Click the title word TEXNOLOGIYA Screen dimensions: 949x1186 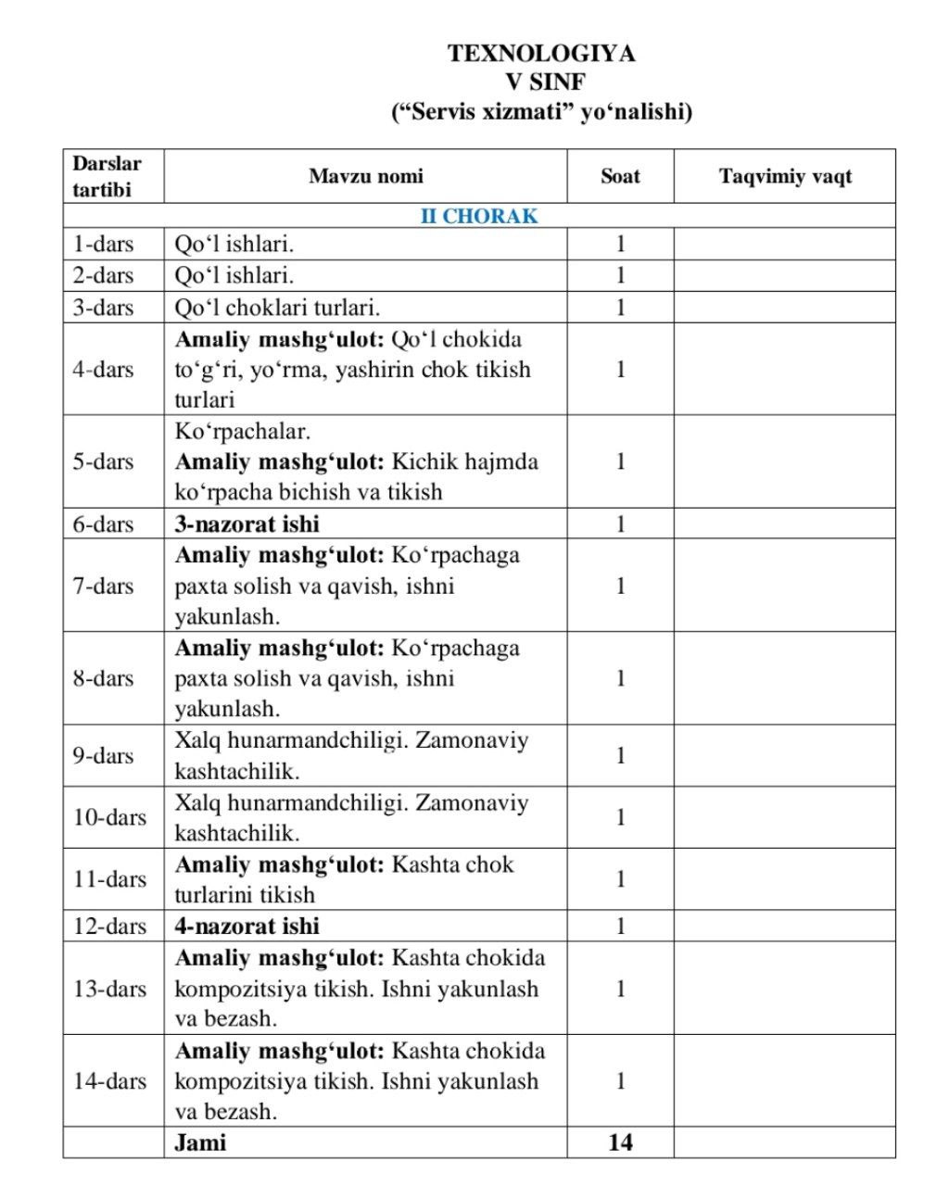(x=541, y=54)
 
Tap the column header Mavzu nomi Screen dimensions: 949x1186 (x=365, y=176)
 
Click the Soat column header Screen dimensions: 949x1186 (x=620, y=176)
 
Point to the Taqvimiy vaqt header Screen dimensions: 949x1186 (x=785, y=176)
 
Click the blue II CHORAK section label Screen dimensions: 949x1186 (x=479, y=216)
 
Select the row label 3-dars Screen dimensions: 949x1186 (x=104, y=308)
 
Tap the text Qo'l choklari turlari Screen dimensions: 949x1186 (x=277, y=308)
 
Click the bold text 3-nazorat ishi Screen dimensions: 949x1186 (x=247, y=524)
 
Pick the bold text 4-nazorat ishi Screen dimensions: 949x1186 (x=247, y=926)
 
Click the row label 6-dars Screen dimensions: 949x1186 (x=104, y=524)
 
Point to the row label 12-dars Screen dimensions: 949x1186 (x=109, y=926)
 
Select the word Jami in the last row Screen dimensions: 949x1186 (x=200, y=1142)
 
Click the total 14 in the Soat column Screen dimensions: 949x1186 (x=620, y=1142)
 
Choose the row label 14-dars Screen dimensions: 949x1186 (x=109, y=1080)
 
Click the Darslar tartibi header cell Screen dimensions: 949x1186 (x=108, y=176)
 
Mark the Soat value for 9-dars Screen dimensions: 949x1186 (x=620, y=755)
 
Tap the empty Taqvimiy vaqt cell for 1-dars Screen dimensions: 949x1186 (x=784, y=244)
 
